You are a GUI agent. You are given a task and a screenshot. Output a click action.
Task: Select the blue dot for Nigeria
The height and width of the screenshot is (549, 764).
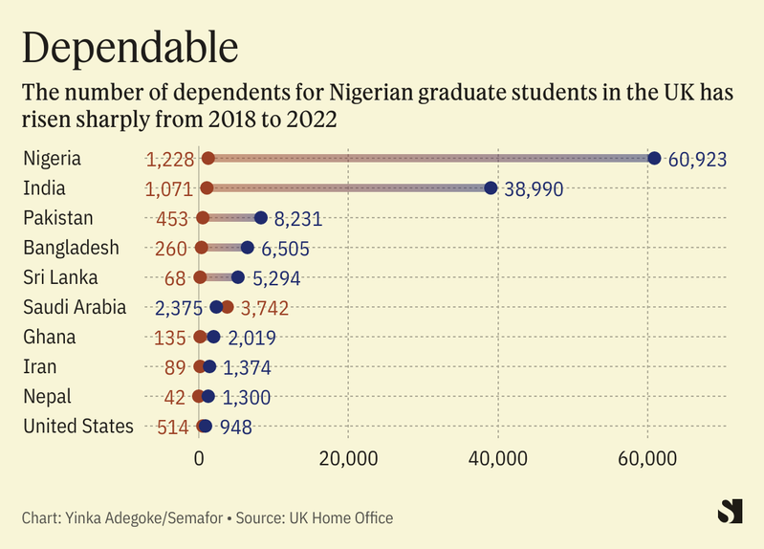click(x=654, y=158)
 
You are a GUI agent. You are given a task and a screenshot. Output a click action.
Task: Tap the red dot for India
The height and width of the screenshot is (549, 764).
click(x=207, y=188)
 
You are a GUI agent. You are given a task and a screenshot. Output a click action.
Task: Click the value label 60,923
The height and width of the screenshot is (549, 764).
click(x=698, y=159)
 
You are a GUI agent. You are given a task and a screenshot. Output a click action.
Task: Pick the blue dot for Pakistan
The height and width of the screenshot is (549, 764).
click(x=261, y=218)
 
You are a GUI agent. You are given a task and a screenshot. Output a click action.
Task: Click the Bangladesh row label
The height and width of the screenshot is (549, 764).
click(x=84, y=248)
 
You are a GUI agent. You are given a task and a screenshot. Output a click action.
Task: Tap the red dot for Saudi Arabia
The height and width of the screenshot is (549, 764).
click(x=227, y=307)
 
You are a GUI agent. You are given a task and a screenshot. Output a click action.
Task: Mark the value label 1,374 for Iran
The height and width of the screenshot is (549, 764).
click(x=247, y=367)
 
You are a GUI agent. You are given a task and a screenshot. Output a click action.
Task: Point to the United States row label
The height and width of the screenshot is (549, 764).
click(x=78, y=427)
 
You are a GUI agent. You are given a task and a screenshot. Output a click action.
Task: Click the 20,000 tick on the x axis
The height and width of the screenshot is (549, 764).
click(x=348, y=458)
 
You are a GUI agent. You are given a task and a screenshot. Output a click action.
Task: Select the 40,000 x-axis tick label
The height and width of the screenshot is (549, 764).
click(x=498, y=458)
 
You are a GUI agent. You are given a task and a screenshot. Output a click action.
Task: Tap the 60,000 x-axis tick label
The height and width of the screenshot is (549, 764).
click(x=647, y=458)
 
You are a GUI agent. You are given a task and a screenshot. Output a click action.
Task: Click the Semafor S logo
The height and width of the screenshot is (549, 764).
click(x=730, y=512)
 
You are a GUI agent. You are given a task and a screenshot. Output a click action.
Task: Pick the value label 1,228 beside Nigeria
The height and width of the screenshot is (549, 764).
click(x=170, y=159)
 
